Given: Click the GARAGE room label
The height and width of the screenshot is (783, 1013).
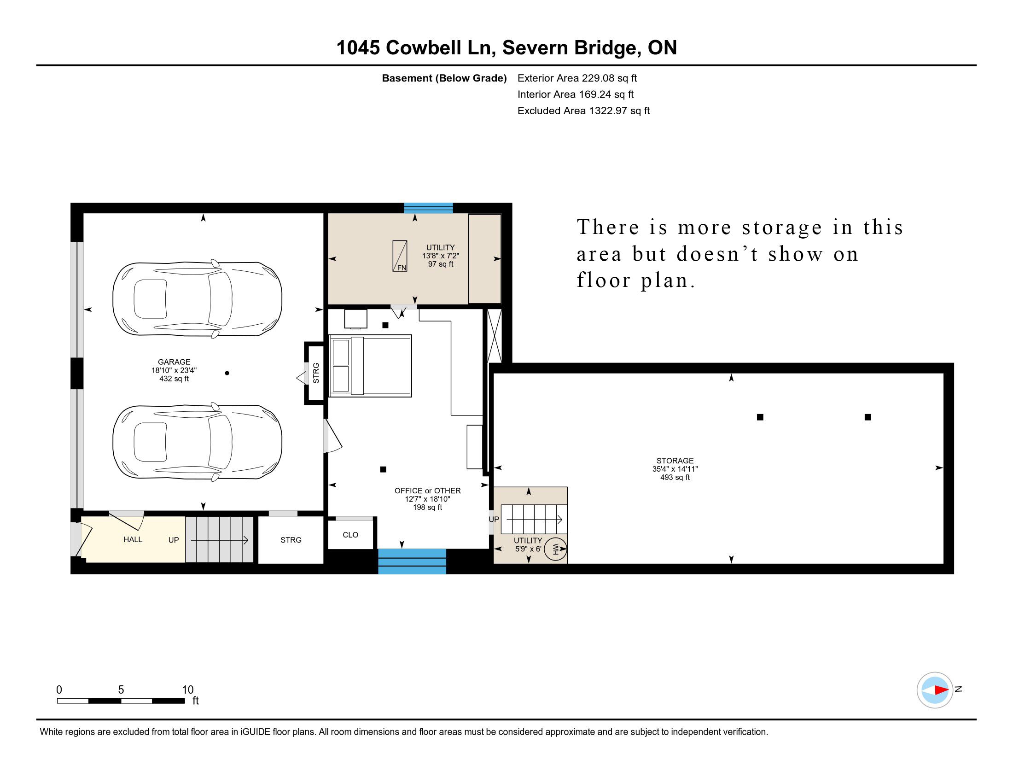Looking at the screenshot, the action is point(174,362).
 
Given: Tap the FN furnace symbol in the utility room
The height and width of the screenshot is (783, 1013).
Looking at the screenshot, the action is point(400,256).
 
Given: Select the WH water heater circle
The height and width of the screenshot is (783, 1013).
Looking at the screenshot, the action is point(555,549).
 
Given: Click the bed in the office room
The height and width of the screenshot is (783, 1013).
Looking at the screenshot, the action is point(370,366).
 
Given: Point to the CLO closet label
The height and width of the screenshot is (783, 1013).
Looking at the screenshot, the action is point(350,535).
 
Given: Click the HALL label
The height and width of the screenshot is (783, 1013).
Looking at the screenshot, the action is point(133,539).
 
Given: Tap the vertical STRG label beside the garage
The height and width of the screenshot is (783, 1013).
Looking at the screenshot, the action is point(316,373).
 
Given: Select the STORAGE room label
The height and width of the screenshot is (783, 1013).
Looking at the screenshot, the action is point(675,461).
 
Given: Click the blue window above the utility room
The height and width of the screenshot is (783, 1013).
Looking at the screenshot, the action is point(428,208).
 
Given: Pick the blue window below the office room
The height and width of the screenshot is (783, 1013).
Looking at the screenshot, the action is point(412,561).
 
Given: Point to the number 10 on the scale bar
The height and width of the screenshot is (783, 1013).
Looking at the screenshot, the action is point(187,690).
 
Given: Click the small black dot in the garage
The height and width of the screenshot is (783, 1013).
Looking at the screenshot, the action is point(227,373).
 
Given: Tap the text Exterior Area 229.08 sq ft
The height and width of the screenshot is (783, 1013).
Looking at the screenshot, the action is point(577,78).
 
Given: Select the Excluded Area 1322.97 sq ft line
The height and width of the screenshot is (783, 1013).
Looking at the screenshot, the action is point(583,111).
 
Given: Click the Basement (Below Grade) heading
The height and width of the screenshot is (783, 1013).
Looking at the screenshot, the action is point(444,78).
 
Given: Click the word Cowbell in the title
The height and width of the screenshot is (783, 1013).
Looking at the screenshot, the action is point(424,48).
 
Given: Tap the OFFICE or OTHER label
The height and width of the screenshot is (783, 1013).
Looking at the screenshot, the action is point(427,491).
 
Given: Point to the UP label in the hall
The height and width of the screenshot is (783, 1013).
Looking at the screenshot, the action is point(174,540).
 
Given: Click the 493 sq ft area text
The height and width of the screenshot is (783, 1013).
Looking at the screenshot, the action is point(675,477).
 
